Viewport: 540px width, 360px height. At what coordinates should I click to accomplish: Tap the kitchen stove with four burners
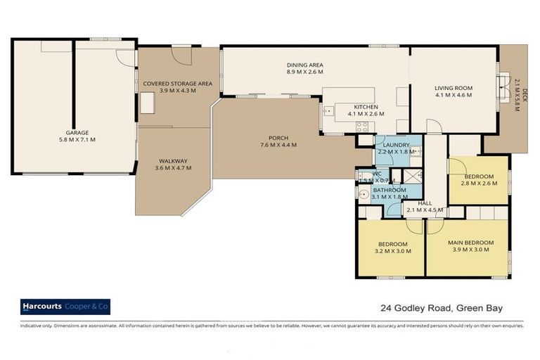363,127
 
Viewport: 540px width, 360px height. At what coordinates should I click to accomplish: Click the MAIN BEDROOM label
470,243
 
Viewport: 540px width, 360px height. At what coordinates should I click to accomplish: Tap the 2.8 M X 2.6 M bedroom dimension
478,183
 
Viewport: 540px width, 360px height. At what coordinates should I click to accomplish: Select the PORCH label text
278,137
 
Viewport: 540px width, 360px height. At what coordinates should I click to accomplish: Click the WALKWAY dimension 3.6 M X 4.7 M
172,169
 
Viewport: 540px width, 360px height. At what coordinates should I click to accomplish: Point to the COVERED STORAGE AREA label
177,83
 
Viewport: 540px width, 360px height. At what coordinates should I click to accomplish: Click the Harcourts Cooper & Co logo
65,307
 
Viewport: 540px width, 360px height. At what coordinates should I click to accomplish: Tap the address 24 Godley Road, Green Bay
442,307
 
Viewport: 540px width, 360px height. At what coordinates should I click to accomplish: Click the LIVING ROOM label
454,88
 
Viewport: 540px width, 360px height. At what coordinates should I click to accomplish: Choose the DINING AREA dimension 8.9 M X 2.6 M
305,72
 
